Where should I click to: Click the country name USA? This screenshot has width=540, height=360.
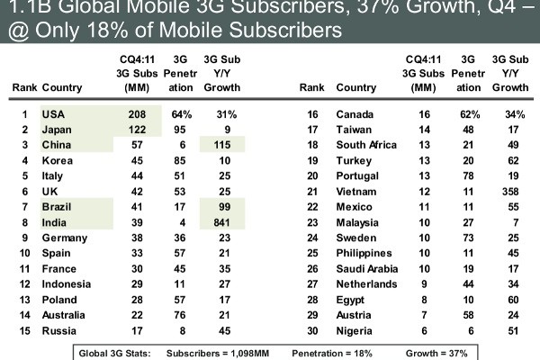(53, 115)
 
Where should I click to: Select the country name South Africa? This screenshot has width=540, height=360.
(364, 146)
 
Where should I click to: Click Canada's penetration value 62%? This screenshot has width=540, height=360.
(465, 115)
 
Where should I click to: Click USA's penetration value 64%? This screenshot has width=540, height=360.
(183, 115)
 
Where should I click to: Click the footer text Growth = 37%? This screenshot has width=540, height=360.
(436, 353)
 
